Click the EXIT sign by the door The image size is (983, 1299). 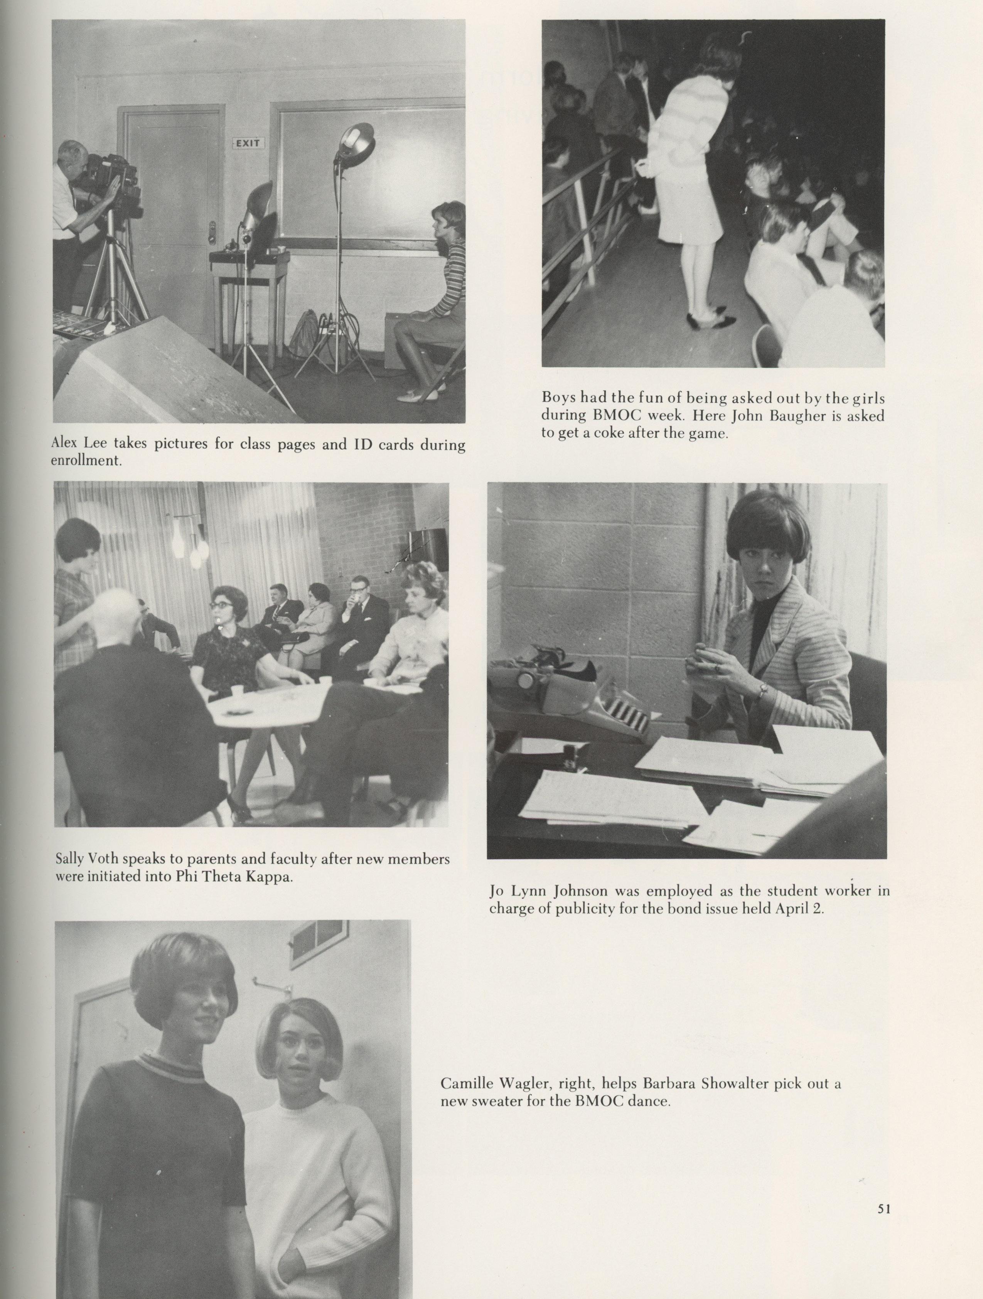(250, 143)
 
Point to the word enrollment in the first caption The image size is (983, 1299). (86, 461)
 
